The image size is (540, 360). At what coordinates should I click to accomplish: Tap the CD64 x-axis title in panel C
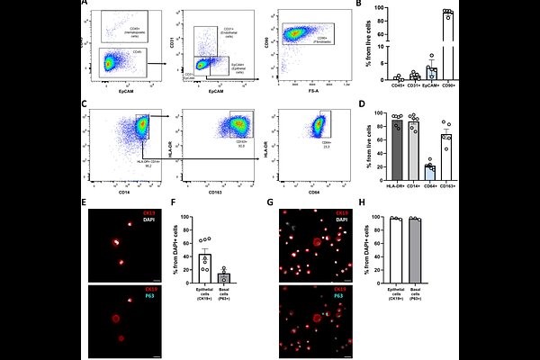coord(306,192)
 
